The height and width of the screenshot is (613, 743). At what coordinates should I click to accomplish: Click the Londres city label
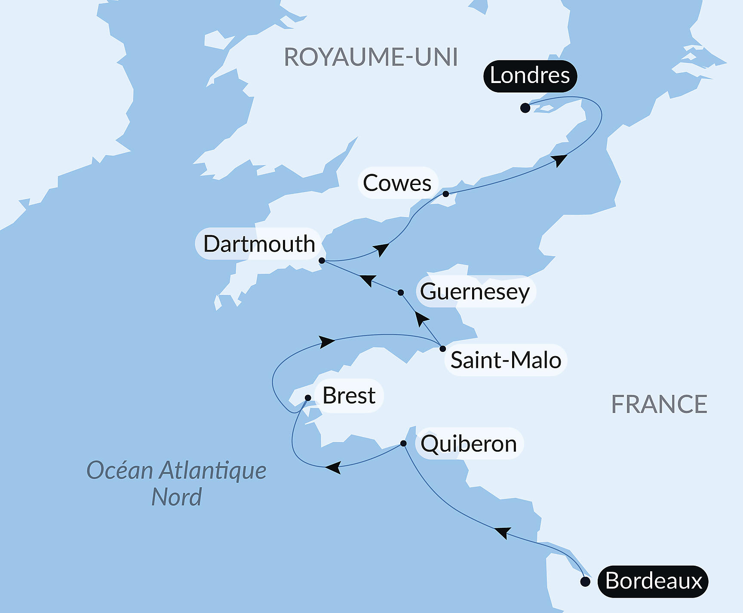tap(530, 76)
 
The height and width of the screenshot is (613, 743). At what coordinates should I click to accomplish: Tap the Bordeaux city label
tap(653, 581)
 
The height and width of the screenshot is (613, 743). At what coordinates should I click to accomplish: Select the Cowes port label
tap(397, 183)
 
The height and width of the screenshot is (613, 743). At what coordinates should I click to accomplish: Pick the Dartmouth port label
tap(259, 244)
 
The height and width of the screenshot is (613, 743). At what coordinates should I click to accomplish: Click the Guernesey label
tap(475, 292)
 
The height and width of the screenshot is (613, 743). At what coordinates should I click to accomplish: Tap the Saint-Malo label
tap(506, 360)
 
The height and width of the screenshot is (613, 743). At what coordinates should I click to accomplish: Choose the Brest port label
tap(349, 396)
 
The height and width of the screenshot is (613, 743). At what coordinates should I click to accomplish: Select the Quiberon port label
tap(469, 444)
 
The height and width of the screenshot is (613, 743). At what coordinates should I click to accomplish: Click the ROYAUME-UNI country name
tap(371, 57)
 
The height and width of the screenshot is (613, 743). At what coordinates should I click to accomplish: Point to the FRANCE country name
tap(659, 404)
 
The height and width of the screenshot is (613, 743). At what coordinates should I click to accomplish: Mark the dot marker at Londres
tap(525, 108)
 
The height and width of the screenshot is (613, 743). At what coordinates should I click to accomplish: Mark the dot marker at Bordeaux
tap(585, 582)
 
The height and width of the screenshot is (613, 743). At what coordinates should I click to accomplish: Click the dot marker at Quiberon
tap(403, 443)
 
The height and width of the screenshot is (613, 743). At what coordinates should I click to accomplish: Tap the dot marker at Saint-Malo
tap(443, 348)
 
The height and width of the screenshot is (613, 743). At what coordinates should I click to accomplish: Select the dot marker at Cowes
tap(446, 194)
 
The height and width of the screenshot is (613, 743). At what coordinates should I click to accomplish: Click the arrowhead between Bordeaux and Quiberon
tap(503, 533)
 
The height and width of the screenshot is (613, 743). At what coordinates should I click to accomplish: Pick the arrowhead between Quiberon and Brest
tap(334, 467)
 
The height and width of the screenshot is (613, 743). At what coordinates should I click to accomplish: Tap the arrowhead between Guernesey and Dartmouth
tap(368, 280)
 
